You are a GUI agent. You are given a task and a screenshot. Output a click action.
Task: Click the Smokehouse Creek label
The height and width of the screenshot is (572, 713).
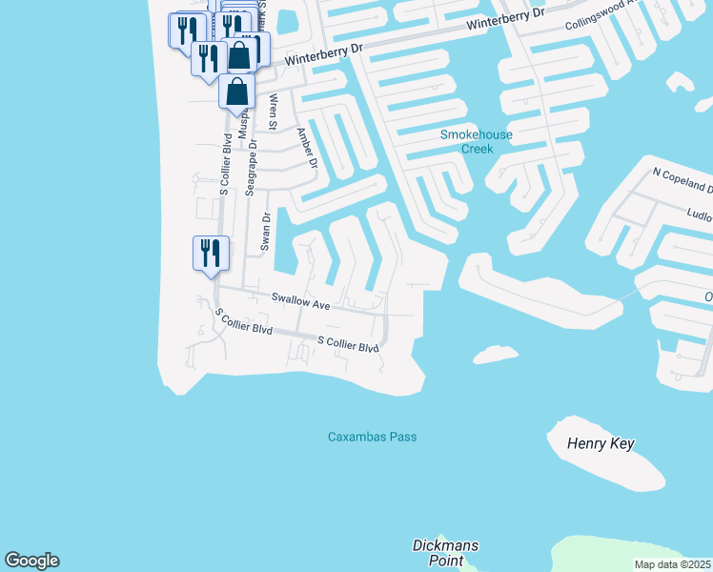476,141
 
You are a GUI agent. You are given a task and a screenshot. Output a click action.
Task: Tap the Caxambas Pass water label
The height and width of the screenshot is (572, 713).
372,437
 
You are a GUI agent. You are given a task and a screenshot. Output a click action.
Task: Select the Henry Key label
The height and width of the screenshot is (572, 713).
600,444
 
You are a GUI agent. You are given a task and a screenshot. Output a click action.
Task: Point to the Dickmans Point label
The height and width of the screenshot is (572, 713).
445,552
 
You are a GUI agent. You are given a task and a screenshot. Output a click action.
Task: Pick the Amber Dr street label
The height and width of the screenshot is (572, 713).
306,148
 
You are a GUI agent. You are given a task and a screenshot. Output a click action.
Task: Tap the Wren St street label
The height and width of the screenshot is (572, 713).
274,112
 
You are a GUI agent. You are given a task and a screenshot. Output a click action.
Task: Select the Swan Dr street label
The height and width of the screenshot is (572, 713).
267,232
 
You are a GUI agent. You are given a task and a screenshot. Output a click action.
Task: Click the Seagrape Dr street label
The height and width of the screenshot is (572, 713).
251,168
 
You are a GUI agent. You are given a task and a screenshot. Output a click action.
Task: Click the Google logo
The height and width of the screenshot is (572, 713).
31,561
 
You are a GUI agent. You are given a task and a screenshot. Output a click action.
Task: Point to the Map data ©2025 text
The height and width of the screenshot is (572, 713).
672,564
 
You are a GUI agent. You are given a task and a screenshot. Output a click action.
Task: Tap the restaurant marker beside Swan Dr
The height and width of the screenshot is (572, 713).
211,254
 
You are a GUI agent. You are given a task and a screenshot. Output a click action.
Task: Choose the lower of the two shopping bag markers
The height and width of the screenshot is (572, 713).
237,92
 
